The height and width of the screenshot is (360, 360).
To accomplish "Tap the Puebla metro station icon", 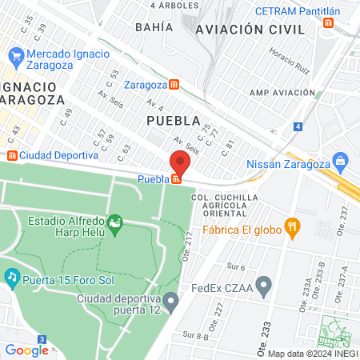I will click(x=176, y=180).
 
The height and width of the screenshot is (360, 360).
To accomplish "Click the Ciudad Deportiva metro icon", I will click(x=12, y=154).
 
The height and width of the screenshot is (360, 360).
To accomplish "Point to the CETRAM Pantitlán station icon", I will click(x=327, y=24).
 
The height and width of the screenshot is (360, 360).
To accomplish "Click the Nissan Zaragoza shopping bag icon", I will click(x=340, y=160).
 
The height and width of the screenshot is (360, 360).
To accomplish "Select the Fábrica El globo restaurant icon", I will click(x=292, y=227).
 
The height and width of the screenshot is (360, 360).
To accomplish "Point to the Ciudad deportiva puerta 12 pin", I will click(x=170, y=303).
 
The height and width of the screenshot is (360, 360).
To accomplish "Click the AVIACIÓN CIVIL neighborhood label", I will click(x=250, y=29).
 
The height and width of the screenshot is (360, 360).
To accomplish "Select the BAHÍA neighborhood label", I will click(x=154, y=26).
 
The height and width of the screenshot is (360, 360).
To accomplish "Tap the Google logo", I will click(x=26, y=350).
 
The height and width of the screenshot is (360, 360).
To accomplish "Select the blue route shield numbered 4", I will click(x=298, y=126).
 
